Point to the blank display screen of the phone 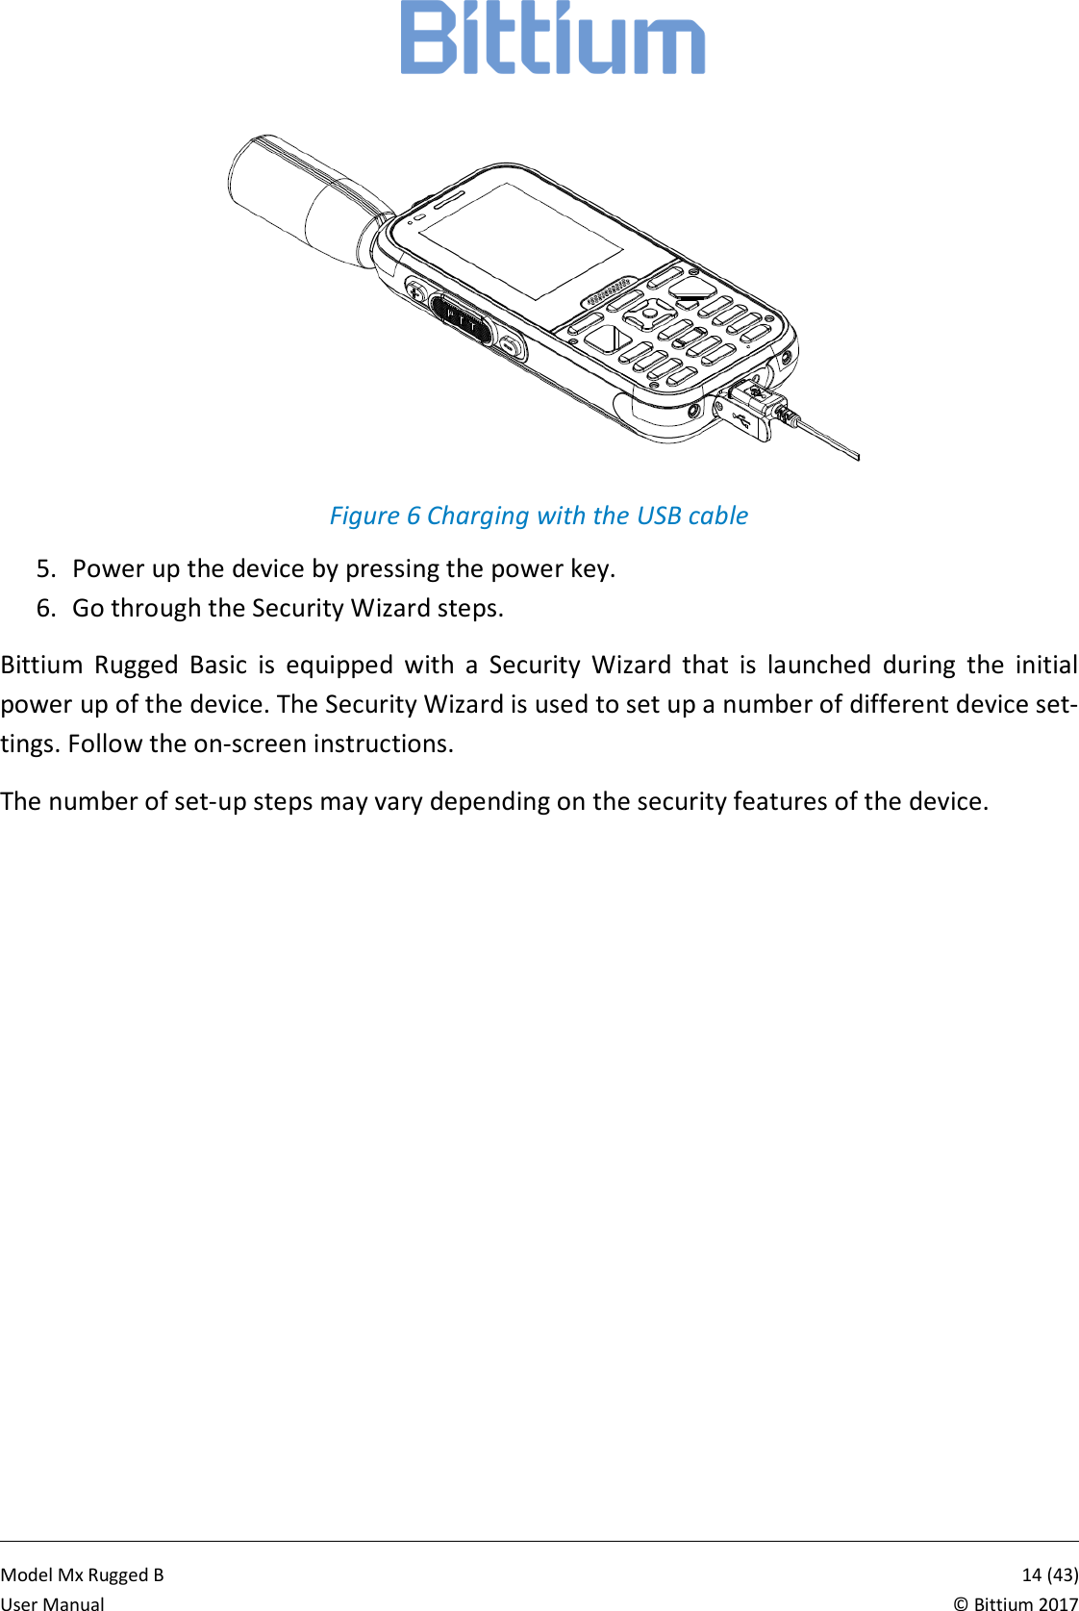point(519,240)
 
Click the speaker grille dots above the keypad point(610,292)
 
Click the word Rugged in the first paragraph point(137,665)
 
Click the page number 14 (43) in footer point(1049,1574)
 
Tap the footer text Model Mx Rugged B point(83,1574)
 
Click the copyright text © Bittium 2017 point(1016,1603)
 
